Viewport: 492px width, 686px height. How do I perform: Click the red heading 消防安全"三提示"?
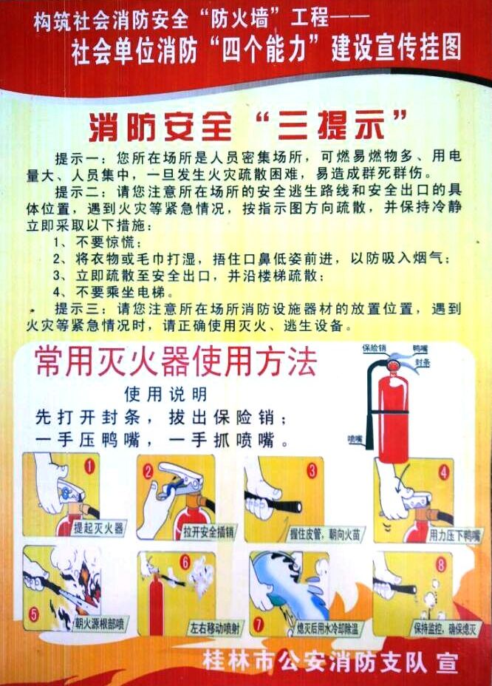[x=247, y=126]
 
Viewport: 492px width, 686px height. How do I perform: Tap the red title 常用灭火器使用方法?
[x=175, y=361]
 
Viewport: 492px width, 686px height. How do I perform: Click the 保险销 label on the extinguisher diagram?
[x=375, y=346]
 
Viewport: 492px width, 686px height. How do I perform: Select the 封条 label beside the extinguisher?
[x=423, y=363]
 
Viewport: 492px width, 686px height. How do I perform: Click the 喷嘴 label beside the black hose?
[x=356, y=438]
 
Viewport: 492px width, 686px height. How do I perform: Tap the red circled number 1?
[x=90, y=466]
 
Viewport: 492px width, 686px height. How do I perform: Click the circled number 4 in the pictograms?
[x=444, y=470]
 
